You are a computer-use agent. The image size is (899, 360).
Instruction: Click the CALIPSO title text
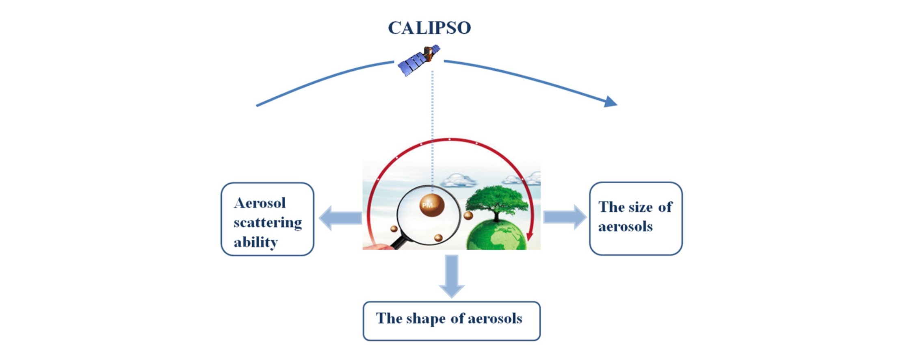click(429, 28)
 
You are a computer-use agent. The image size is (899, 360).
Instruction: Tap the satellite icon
click(419, 60)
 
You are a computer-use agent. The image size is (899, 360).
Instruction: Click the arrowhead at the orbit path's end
click(611, 102)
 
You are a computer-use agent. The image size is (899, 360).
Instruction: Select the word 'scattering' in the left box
click(267, 223)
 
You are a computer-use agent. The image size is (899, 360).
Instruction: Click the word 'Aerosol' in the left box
click(260, 203)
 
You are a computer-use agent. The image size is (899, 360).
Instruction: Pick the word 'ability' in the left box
click(256, 242)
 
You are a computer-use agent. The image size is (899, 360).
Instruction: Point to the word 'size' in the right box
click(639, 207)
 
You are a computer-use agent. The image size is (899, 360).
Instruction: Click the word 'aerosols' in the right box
click(625, 226)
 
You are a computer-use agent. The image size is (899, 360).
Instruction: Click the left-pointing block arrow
click(340, 218)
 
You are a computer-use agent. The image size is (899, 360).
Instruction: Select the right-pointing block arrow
click(565, 217)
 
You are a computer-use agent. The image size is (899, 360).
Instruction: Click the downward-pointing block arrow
click(452, 276)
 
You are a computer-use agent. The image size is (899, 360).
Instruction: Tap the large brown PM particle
click(432, 205)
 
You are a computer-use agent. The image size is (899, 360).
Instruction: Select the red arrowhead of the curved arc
click(529, 236)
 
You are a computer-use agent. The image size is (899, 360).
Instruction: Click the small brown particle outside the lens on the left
click(394, 229)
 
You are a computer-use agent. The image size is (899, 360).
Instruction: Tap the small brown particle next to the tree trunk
click(468, 215)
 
